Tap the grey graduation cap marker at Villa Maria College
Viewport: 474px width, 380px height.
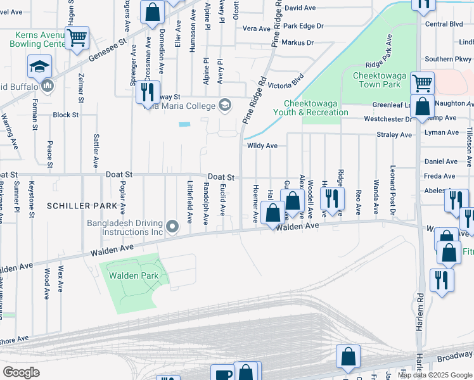[224, 104]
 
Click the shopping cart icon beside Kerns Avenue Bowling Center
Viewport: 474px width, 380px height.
[77, 38]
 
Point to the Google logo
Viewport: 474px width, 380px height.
[21, 372]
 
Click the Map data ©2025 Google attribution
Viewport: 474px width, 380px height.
[434, 375]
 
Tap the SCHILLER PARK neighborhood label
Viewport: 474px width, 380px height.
[82, 206]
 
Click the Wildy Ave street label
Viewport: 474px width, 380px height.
[262, 146]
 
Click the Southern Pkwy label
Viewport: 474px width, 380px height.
[448, 59]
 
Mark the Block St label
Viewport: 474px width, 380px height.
[65, 115]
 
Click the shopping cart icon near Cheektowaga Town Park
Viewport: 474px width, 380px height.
[422, 83]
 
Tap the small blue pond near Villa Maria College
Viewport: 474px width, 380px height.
[184, 124]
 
